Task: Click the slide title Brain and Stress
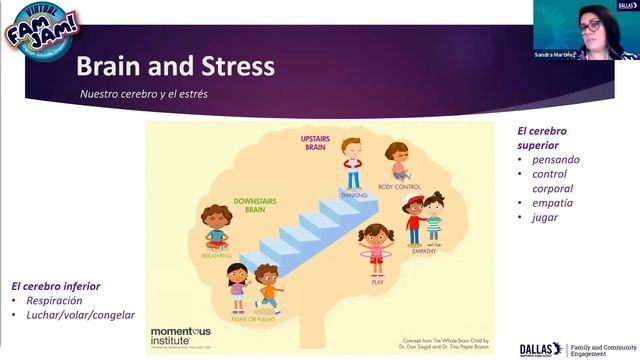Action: click(x=175, y=69)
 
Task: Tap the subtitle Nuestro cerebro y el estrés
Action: click(x=151, y=95)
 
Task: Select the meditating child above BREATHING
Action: click(x=215, y=227)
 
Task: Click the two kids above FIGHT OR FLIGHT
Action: click(x=252, y=287)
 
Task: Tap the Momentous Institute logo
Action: click(x=180, y=333)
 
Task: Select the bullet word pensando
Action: click(x=556, y=159)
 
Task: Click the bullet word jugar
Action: click(x=545, y=217)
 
